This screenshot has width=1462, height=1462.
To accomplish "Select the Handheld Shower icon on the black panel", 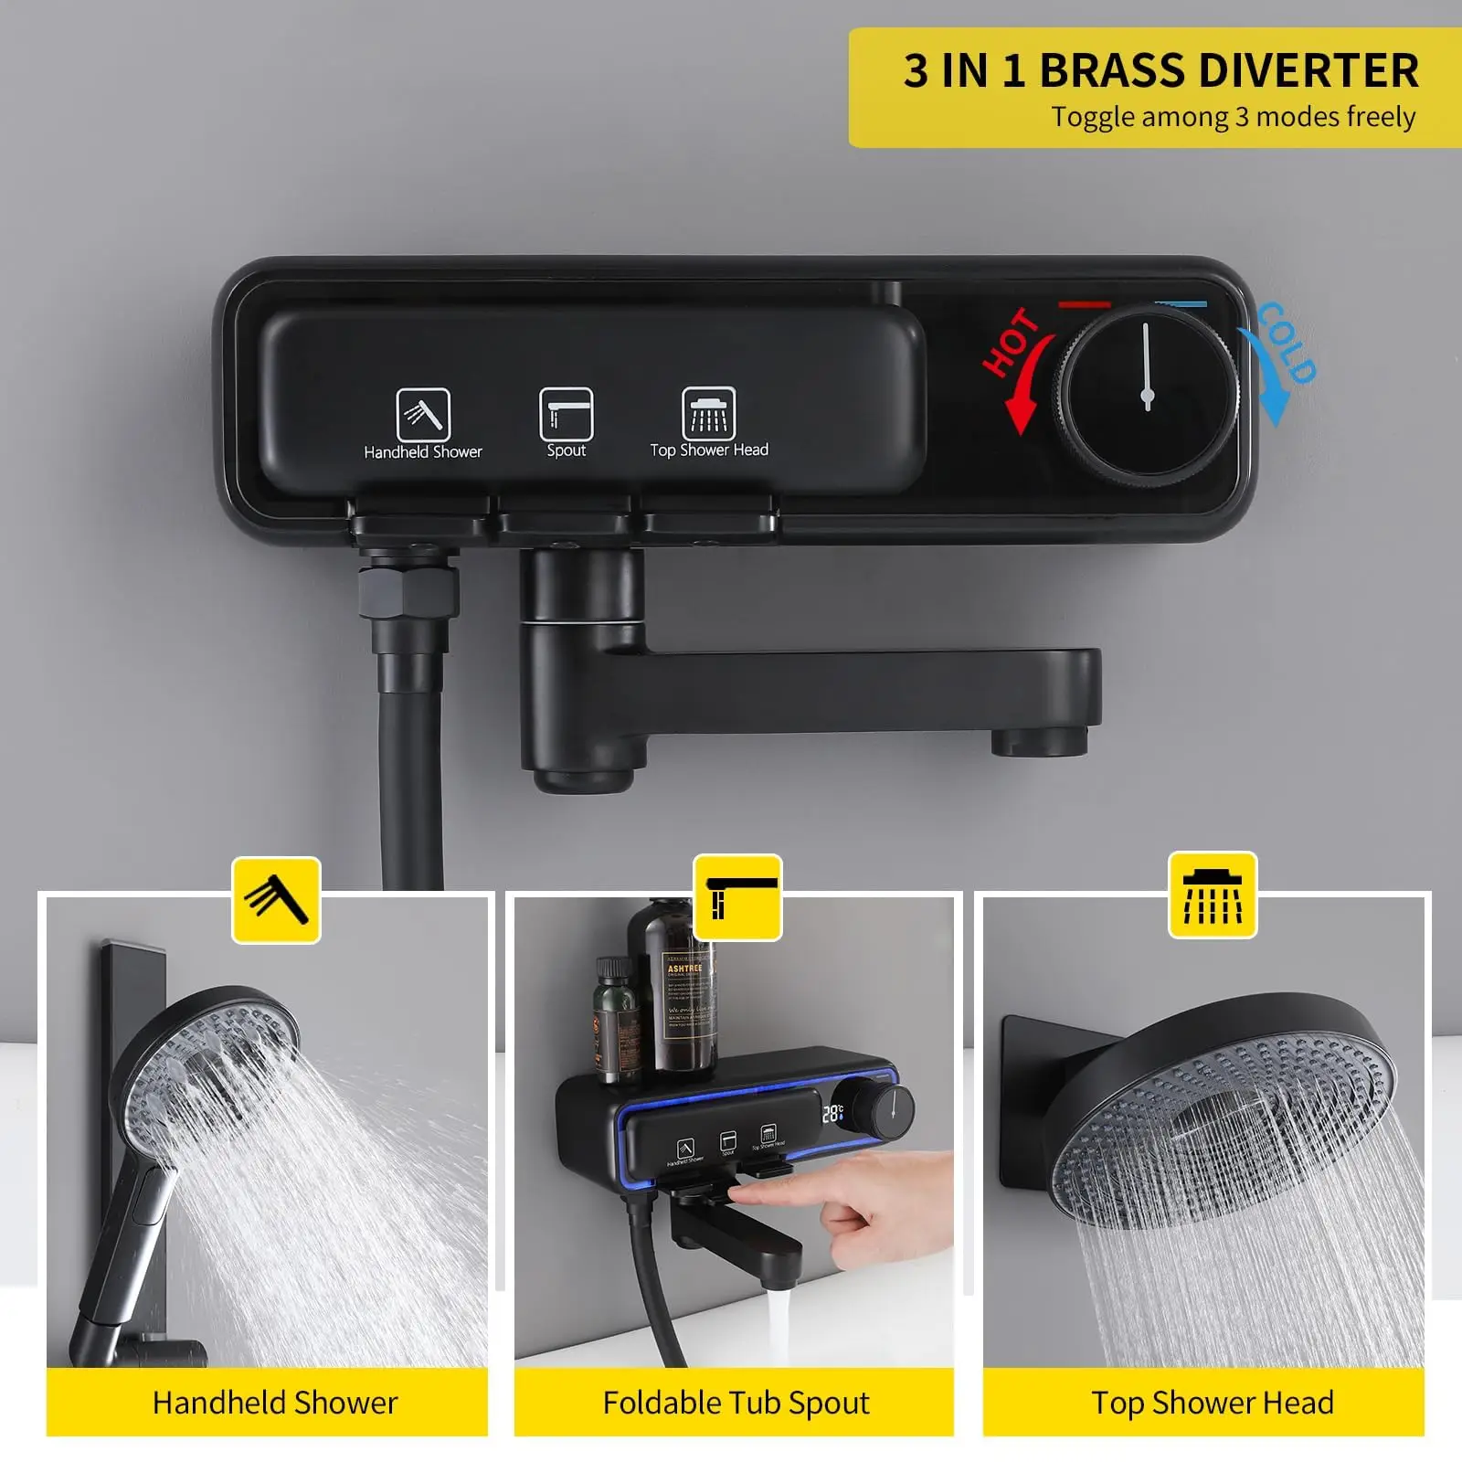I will click(422, 414).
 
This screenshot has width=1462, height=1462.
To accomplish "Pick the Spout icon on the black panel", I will click(566, 413).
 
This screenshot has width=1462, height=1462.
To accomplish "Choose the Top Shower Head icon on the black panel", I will click(708, 413).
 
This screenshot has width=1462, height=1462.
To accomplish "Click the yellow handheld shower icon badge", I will click(276, 899).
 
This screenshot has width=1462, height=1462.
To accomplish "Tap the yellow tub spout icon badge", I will click(737, 897).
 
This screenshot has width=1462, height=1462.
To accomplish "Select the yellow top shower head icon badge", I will click(1213, 895).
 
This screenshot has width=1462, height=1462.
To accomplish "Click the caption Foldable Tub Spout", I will click(736, 1402).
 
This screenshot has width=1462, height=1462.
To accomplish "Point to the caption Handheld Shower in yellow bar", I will click(275, 1402).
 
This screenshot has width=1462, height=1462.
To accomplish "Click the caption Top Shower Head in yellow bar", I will click(1213, 1402).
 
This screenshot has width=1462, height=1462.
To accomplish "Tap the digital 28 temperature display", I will click(832, 1113).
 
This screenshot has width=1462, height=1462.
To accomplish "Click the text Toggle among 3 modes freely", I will click(1233, 117).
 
